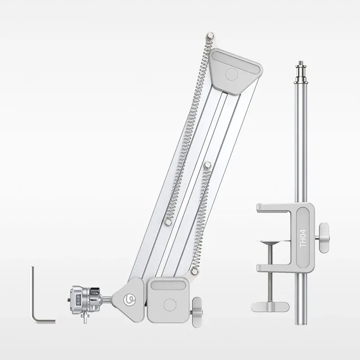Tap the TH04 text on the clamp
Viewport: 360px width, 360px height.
point(303,238)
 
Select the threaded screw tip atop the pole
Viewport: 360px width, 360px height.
point(301,63)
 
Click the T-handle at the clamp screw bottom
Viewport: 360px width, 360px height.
point(270,307)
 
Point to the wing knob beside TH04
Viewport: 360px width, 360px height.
point(323,238)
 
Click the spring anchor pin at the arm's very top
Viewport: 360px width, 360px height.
point(210,36)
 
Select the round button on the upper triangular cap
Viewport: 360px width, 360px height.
point(232,74)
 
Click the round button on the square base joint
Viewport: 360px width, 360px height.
point(170,305)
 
